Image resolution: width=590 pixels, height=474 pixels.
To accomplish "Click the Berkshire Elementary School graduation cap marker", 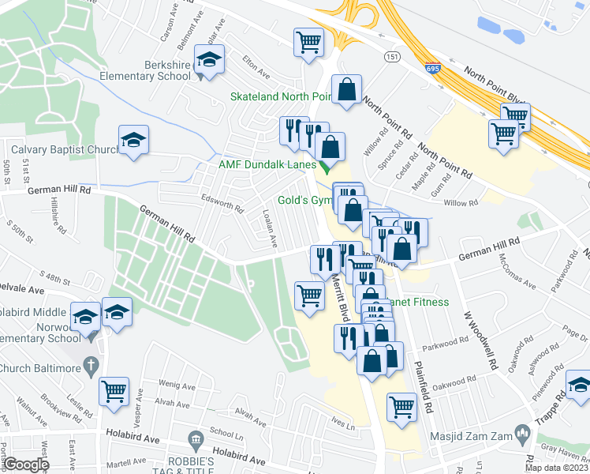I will [x=210, y=59].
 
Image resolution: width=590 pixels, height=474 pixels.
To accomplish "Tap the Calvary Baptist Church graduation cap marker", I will [x=133, y=141].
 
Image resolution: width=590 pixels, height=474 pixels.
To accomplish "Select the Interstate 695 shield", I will [x=431, y=69].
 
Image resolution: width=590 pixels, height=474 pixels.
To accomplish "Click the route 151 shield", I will [x=391, y=57].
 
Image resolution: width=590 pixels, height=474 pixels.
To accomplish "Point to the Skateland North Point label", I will [x=279, y=96].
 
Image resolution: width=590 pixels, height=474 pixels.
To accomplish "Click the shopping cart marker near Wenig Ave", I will [x=114, y=391].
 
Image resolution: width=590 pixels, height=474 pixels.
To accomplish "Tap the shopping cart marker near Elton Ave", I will [x=308, y=43].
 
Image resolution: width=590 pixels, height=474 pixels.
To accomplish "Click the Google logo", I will [x=25, y=465].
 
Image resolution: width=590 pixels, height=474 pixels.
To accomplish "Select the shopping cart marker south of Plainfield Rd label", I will [x=401, y=407].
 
